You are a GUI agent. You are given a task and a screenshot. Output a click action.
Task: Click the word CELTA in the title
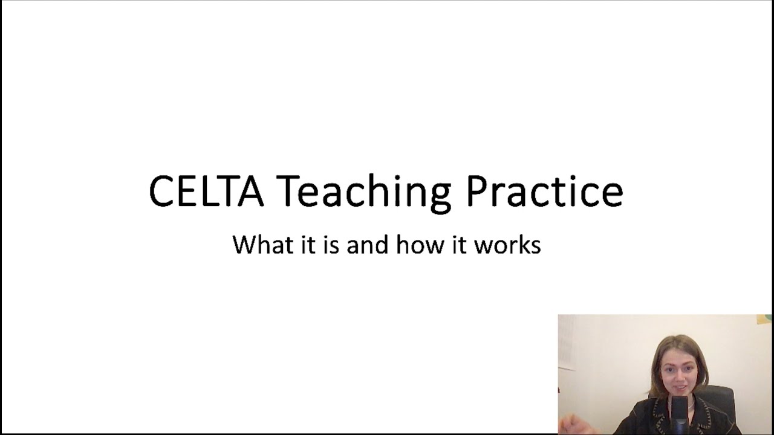pos(206,192)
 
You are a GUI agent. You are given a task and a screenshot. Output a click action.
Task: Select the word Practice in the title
pos(544,192)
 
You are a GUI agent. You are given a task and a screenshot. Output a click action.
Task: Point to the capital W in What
pos(244,245)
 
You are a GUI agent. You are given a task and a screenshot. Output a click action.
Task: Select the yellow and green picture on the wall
pos(764,319)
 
